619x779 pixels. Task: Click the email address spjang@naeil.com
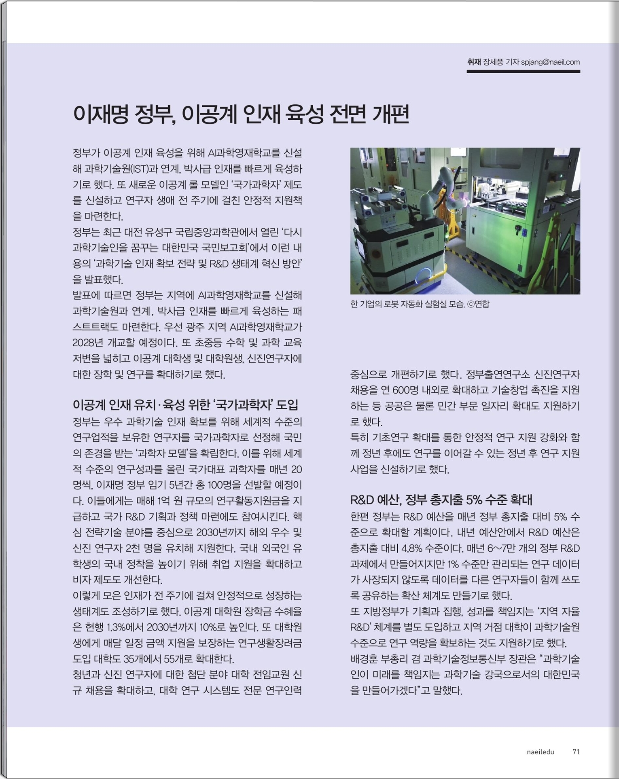(x=550, y=62)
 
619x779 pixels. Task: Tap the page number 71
(x=576, y=751)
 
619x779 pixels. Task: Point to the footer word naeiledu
(x=541, y=752)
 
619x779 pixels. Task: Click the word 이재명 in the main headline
(x=101, y=114)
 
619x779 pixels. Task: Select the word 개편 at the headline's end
(x=390, y=114)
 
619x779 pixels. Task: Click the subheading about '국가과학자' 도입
(x=185, y=404)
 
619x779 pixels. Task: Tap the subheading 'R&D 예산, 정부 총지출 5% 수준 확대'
(x=441, y=500)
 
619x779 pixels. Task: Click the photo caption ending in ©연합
(x=420, y=304)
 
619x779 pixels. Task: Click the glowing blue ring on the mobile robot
(x=423, y=276)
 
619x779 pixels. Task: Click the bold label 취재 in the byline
(x=474, y=62)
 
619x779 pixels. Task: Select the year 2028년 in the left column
(x=87, y=343)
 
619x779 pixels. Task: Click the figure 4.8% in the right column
(x=412, y=548)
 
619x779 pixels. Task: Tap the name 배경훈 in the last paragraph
(x=364, y=659)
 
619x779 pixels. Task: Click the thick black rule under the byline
(x=523, y=72)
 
